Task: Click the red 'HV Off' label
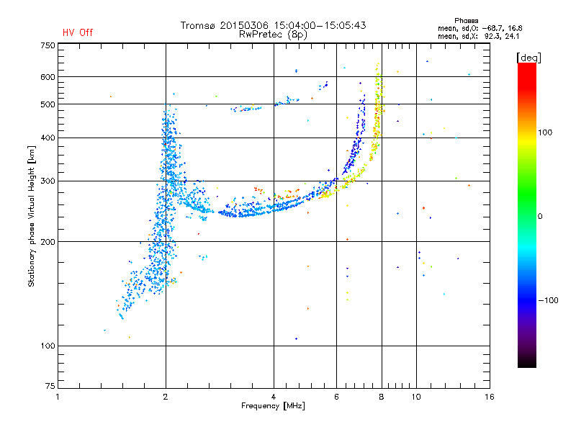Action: (77, 32)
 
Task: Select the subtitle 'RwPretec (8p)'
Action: (274, 34)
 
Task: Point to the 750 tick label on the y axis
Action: (47, 45)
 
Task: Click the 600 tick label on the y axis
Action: (47, 77)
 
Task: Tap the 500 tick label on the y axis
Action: (47, 104)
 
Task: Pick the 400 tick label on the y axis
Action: (47, 138)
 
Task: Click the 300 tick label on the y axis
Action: (47, 181)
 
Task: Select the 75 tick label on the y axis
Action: (49, 388)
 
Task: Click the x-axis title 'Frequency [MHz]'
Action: (273, 407)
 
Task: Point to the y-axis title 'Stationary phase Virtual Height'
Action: (32, 216)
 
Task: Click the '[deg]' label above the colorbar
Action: (528, 57)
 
